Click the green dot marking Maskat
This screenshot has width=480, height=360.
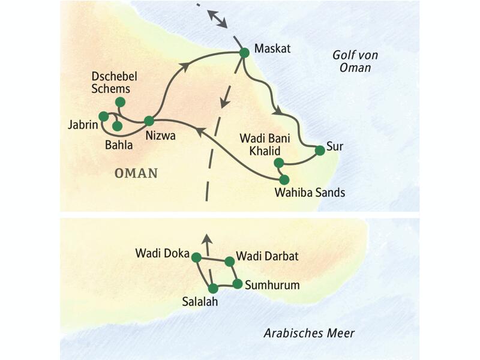tap(244, 53)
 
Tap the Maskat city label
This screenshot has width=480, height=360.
tap(272, 49)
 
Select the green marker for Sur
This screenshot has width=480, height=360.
tap(320, 151)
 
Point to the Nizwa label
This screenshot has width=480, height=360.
tap(160, 136)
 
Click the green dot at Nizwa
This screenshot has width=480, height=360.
tap(149, 121)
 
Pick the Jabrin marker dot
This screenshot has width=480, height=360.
tap(103, 116)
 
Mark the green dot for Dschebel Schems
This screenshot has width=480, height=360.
tap(120, 101)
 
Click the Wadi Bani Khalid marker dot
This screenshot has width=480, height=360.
tap(278, 163)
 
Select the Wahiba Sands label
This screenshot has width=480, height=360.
tap(310, 193)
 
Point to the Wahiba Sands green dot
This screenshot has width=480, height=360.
tap(284, 179)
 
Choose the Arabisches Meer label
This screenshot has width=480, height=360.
tap(309, 333)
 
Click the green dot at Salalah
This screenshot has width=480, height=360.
tap(212, 289)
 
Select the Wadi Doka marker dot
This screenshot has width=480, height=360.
tap(195, 257)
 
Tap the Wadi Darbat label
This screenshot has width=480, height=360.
tap(267, 257)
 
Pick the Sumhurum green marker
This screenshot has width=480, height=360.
tap(237, 284)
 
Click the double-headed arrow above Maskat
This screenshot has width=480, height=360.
tap(217, 19)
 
